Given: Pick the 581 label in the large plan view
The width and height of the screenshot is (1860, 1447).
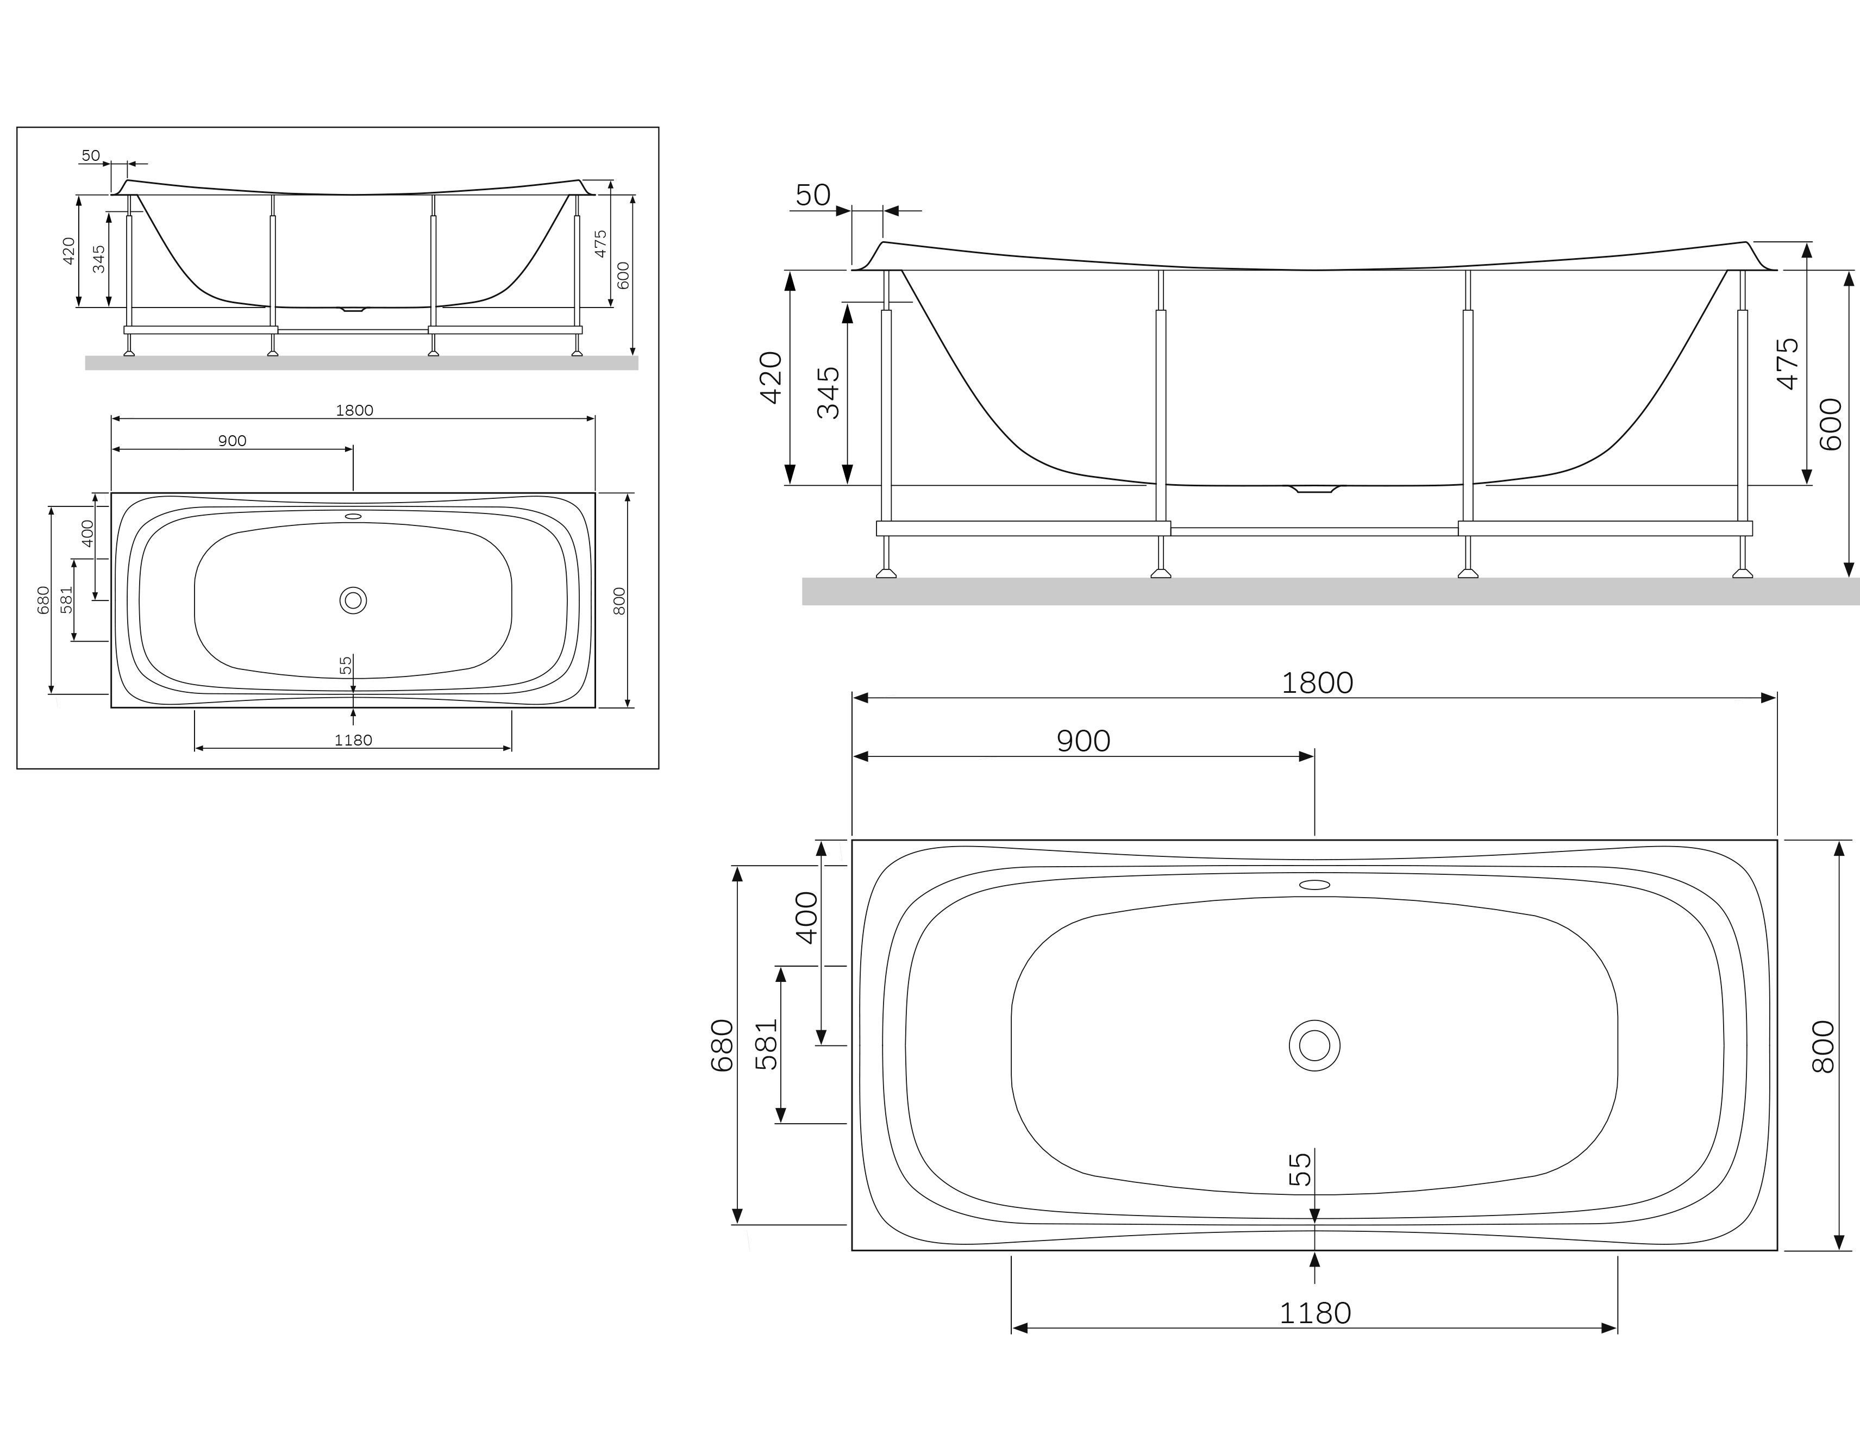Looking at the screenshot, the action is click(767, 1044).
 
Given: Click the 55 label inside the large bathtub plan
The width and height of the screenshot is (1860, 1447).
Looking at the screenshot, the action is click(1300, 1169).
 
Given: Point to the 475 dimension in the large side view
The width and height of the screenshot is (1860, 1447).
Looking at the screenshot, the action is click(1788, 364).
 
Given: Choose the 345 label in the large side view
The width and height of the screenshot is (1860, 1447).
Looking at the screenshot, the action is click(828, 393).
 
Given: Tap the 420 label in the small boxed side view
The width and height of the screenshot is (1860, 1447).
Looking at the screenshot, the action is click(69, 250).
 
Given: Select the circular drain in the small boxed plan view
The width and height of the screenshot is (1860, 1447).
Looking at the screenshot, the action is click(353, 600).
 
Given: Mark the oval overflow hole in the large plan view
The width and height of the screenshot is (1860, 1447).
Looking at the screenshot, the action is click(1314, 885).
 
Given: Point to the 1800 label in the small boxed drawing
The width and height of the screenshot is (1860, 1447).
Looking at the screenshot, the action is click(354, 410).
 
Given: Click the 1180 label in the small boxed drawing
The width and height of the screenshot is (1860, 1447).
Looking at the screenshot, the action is click(353, 740).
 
